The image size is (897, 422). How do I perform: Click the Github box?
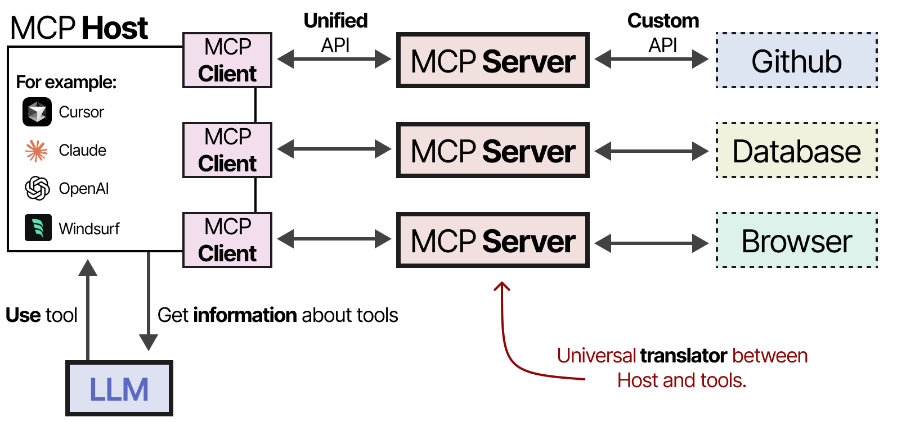pos(796,60)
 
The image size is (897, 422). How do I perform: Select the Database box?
pos(796,151)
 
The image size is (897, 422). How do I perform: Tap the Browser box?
pos(796,241)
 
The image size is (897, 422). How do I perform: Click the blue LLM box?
pos(119,388)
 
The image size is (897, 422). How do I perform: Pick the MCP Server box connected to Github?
pos(493,60)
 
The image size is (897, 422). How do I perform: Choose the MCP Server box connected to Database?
pos(493,151)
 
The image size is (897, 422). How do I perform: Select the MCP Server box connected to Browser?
pos(493,241)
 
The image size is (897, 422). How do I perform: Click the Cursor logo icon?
pos(37,112)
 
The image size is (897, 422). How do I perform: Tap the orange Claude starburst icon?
pos(37,151)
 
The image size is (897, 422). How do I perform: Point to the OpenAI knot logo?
pos(37,188)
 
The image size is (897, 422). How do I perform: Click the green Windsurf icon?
pos(38,228)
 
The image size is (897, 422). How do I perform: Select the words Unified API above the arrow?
pos(335,33)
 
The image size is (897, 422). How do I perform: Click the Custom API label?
pos(663,33)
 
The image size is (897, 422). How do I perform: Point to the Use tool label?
pos(41,315)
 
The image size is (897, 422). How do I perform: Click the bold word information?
pos(245,315)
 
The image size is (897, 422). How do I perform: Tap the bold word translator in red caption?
pos(684,356)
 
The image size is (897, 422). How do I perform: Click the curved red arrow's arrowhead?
pos(501,286)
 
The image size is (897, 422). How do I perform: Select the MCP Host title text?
pos(79,28)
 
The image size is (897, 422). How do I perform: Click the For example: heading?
pos(66,82)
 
